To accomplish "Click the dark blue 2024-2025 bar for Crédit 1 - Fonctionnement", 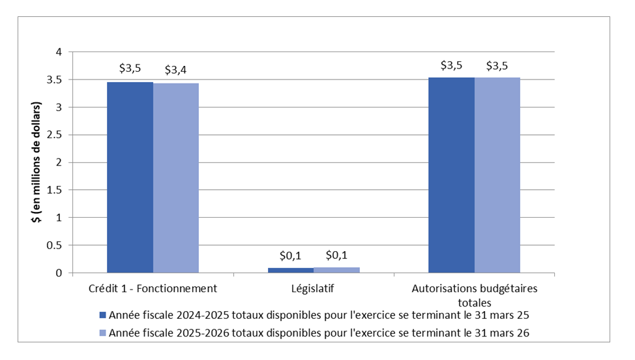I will pyautogui.click(x=130, y=177).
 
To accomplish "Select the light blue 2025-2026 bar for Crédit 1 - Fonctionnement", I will pyautogui.click(x=176, y=178).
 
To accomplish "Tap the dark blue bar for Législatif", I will pyautogui.click(x=290, y=270).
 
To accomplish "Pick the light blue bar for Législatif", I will pyautogui.click(x=336, y=270).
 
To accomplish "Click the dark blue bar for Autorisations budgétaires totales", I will pyautogui.click(x=451, y=175).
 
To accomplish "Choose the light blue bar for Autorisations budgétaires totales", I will pyautogui.click(x=497, y=175).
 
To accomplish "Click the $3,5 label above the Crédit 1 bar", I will pyautogui.click(x=130, y=68).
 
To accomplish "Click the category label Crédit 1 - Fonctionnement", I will pyautogui.click(x=153, y=288).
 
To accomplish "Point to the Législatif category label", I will pyautogui.click(x=314, y=288).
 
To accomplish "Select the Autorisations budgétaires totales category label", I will pyautogui.click(x=474, y=295).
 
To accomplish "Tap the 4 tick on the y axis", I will pyautogui.click(x=59, y=52).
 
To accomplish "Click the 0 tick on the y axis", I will pyautogui.click(x=59, y=273).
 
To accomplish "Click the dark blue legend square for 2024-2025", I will pyautogui.click(x=102, y=315).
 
